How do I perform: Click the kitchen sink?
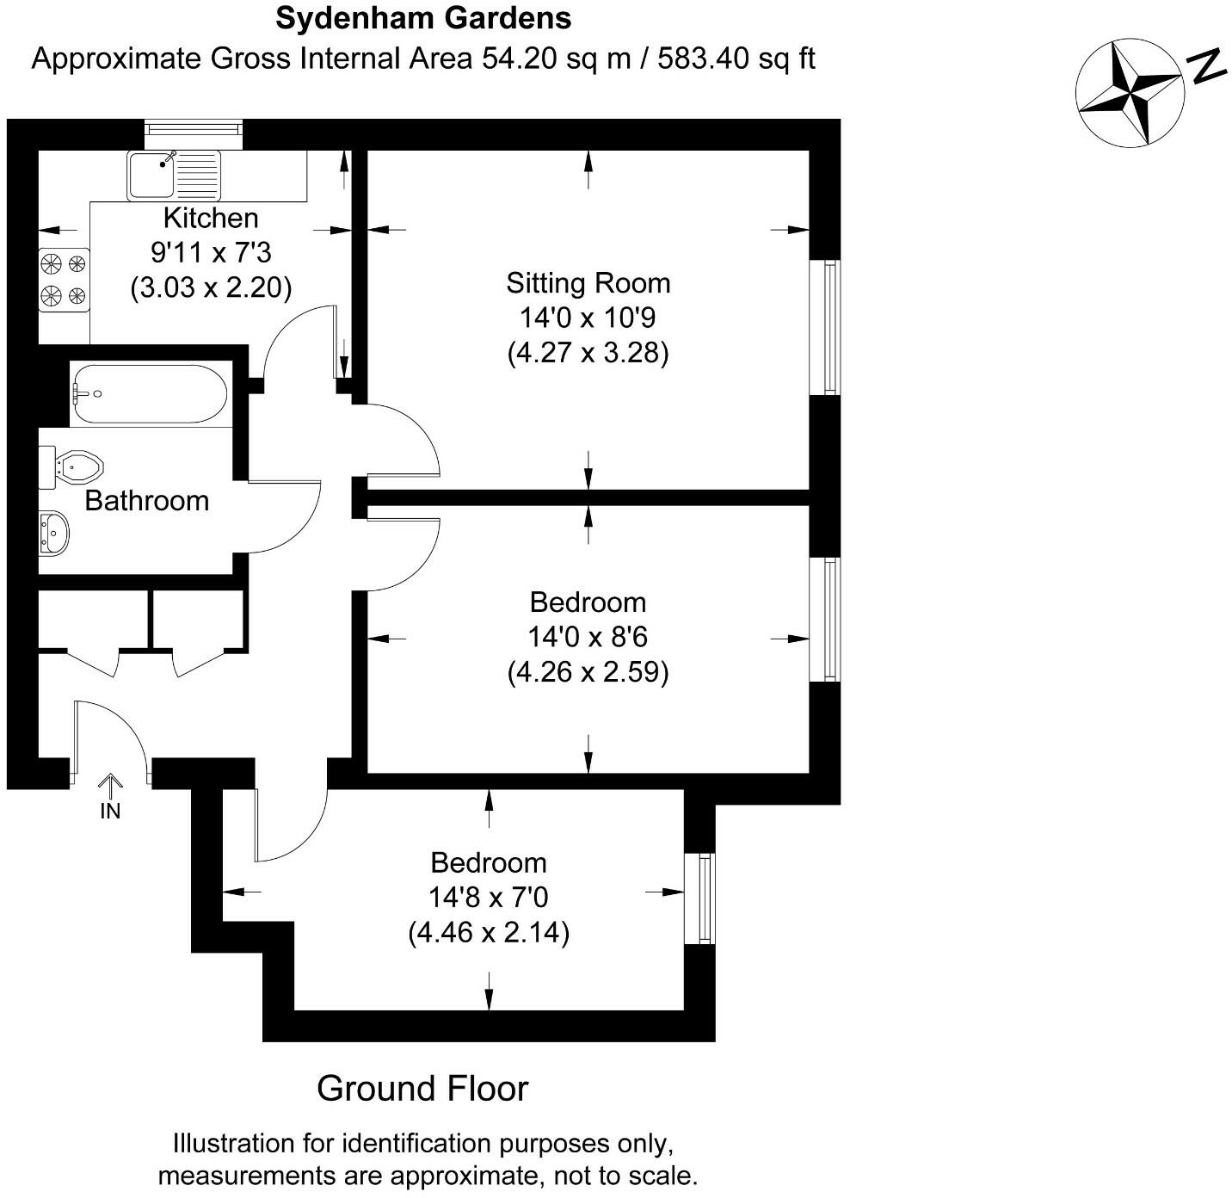[x=174, y=175]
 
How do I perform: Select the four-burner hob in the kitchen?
[x=64, y=280]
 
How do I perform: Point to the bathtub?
[x=149, y=394]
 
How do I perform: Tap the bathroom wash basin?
[x=53, y=533]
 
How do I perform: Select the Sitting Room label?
[x=588, y=283]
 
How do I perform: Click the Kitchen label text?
[x=211, y=219]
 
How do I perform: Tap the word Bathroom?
[x=146, y=501]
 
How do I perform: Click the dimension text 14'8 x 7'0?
[x=488, y=898]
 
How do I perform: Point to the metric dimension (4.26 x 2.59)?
[x=588, y=672]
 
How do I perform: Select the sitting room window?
[x=826, y=327]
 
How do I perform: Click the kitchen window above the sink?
[x=194, y=129]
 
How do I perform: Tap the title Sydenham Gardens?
[x=423, y=17]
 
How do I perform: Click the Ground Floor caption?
[x=422, y=1089]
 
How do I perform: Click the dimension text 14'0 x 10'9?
[x=588, y=318]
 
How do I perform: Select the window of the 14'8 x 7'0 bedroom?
[x=702, y=898]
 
